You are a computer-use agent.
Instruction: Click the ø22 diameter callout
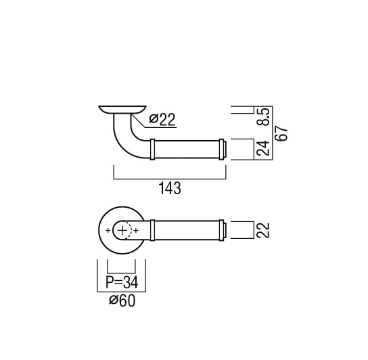tap(162, 119)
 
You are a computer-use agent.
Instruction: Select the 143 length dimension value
tap(170, 188)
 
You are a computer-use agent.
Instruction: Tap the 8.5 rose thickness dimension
tap(264, 116)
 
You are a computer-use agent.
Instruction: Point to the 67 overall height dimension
tap(282, 133)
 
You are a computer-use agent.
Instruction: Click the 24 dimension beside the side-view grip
tap(262, 148)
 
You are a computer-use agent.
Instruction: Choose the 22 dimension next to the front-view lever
tap(262, 230)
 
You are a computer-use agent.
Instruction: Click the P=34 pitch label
tap(122, 282)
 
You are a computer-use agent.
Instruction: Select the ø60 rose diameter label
tap(122, 300)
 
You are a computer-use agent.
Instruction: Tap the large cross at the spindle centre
tap(122, 230)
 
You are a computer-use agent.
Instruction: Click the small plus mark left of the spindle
tap(108, 230)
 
